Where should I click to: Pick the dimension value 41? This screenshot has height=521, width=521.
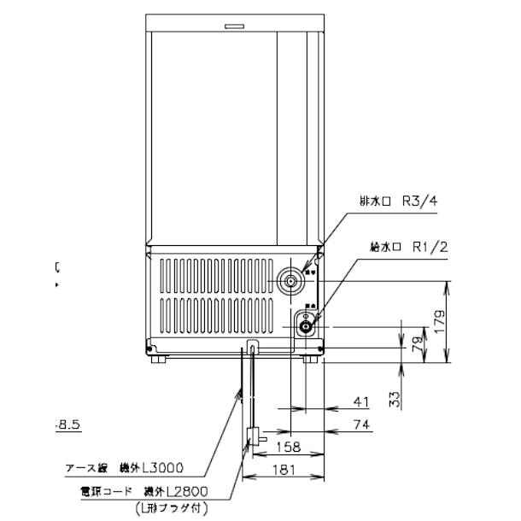pyautogui.click(x=360, y=401)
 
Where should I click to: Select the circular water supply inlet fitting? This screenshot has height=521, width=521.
pyautogui.click(x=305, y=325)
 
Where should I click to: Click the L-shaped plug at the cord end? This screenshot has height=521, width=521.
pyautogui.click(x=252, y=437)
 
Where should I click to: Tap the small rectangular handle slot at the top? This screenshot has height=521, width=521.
pyautogui.click(x=235, y=27)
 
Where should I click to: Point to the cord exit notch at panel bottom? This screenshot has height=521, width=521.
pyautogui.click(x=251, y=347)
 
